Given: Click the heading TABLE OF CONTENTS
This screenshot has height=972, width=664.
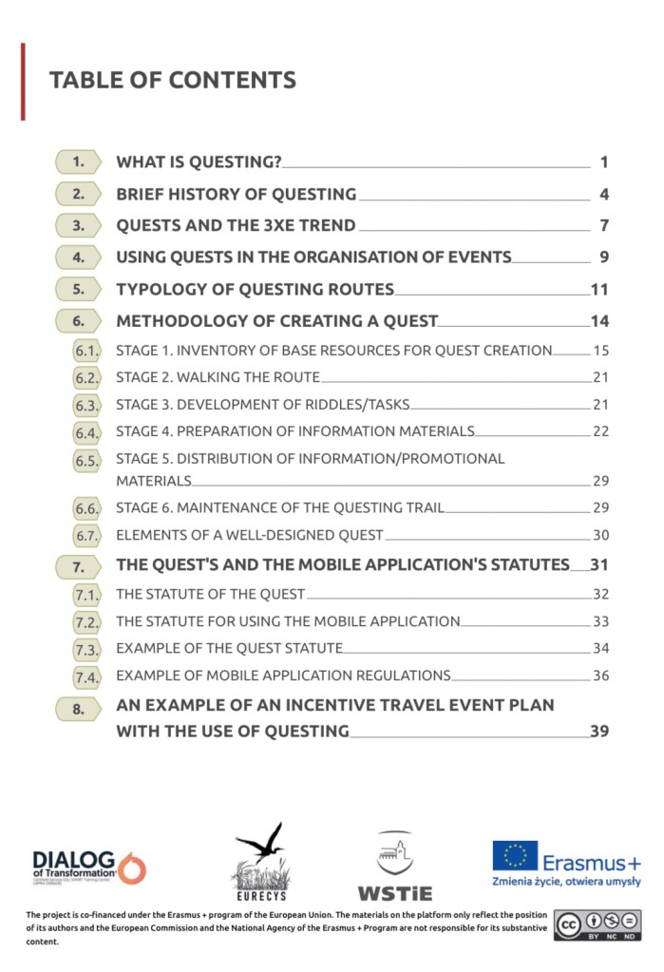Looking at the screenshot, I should pyautogui.click(x=172, y=80).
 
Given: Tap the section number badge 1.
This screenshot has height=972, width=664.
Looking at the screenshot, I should pyautogui.click(x=79, y=162).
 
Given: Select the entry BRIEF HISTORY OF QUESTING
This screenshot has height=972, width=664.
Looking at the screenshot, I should pyautogui.click(x=236, y=195).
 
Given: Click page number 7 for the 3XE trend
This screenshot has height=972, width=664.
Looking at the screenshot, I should pyautogui.click(x=603, y=226).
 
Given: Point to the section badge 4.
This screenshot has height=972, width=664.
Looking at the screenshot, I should pyautogui.click(x=79, y=257).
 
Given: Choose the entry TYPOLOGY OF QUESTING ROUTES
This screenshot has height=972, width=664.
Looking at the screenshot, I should pyautogui.click(x=255, y=289).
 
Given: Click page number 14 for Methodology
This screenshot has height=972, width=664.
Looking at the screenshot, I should pyautogui.click(x=599, y=321).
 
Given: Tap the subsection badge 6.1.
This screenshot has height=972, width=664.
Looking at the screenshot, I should pyautogui.click(x=86, y=351).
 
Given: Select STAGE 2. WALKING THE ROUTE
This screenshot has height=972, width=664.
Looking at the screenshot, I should pyautogui.click(x=218, y=377).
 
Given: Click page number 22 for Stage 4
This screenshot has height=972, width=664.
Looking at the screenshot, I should pyautogui.click(x=600, y=431).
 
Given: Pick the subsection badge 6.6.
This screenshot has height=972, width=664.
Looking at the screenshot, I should pyautogui.click(x=86, y=508).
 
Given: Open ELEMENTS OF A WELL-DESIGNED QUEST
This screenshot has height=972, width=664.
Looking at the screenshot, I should pyautogui.click(x=250, y=535).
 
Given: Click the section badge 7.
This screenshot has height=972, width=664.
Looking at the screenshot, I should pyautogui.click(x=79, y=567).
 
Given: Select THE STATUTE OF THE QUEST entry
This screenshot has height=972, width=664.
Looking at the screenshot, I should pyautogui.click(x=210, y=595).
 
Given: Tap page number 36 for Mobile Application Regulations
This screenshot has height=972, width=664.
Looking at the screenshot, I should pyautogui.click(x=600, y=676).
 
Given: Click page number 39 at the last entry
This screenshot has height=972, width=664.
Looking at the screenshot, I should pyautogui.click(x=599, y=731).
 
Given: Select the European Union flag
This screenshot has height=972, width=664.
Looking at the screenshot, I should pyautogui.click(x=515, y=855).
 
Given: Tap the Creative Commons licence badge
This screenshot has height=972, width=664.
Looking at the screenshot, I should pyautogui.click(x=598, y=924).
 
